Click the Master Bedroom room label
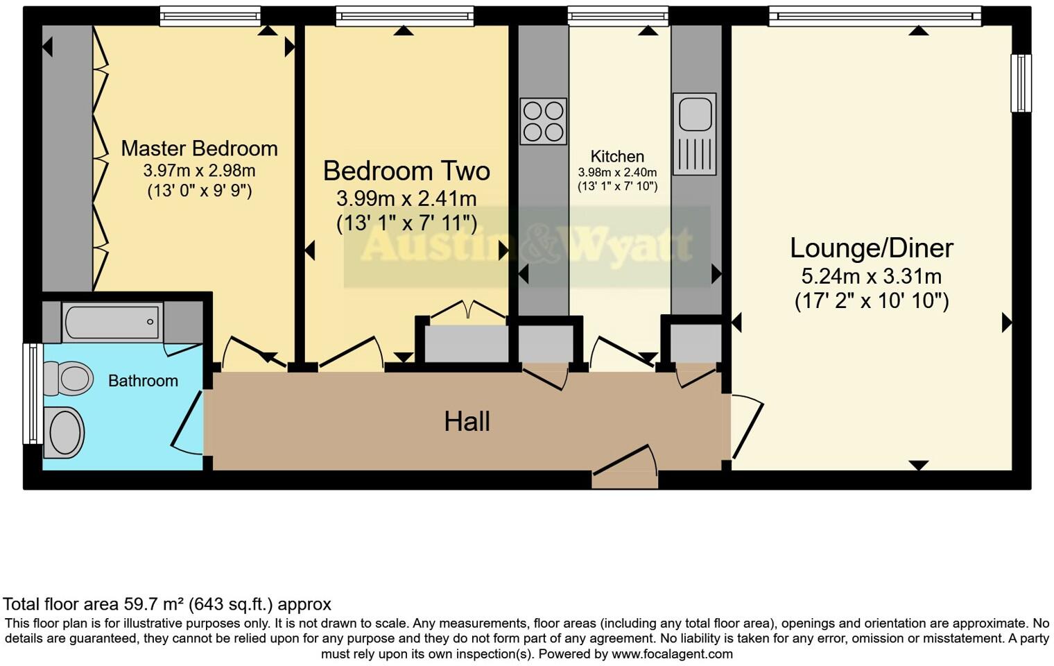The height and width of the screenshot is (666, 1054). [199, 148]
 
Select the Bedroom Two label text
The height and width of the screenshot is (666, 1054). [406, 171]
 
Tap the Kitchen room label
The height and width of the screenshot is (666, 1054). [617, 157]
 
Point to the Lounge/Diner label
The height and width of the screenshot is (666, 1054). [872, 248]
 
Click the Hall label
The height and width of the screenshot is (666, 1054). [467, 421]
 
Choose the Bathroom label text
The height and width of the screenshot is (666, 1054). [143, 381]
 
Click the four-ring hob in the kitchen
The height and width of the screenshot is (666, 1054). [543, 121]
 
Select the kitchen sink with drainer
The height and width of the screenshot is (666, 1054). [694, 134]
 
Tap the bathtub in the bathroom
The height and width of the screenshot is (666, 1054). [112, 323]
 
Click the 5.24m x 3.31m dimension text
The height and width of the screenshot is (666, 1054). [871, 277]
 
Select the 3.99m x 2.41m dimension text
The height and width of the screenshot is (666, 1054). [406, 199]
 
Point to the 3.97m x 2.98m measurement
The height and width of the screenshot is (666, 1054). [199, 171]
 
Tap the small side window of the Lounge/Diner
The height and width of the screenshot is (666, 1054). [1021, 83]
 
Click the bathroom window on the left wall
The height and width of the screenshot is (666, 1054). [31, 393]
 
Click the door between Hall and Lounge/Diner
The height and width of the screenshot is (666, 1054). [746, 427]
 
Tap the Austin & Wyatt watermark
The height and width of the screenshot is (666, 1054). [527, 245]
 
